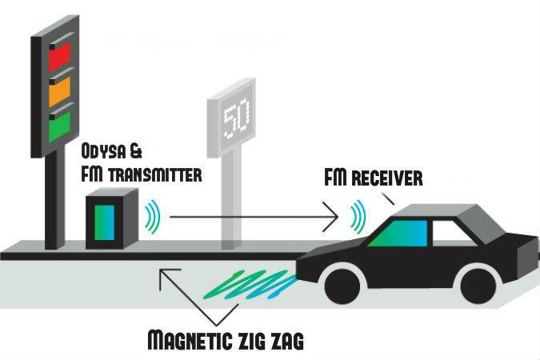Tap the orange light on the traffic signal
tap(60, 92)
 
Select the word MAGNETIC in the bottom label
tap(189, 339)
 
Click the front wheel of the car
tap(344, 286)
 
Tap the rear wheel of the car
tap(479, 286)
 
